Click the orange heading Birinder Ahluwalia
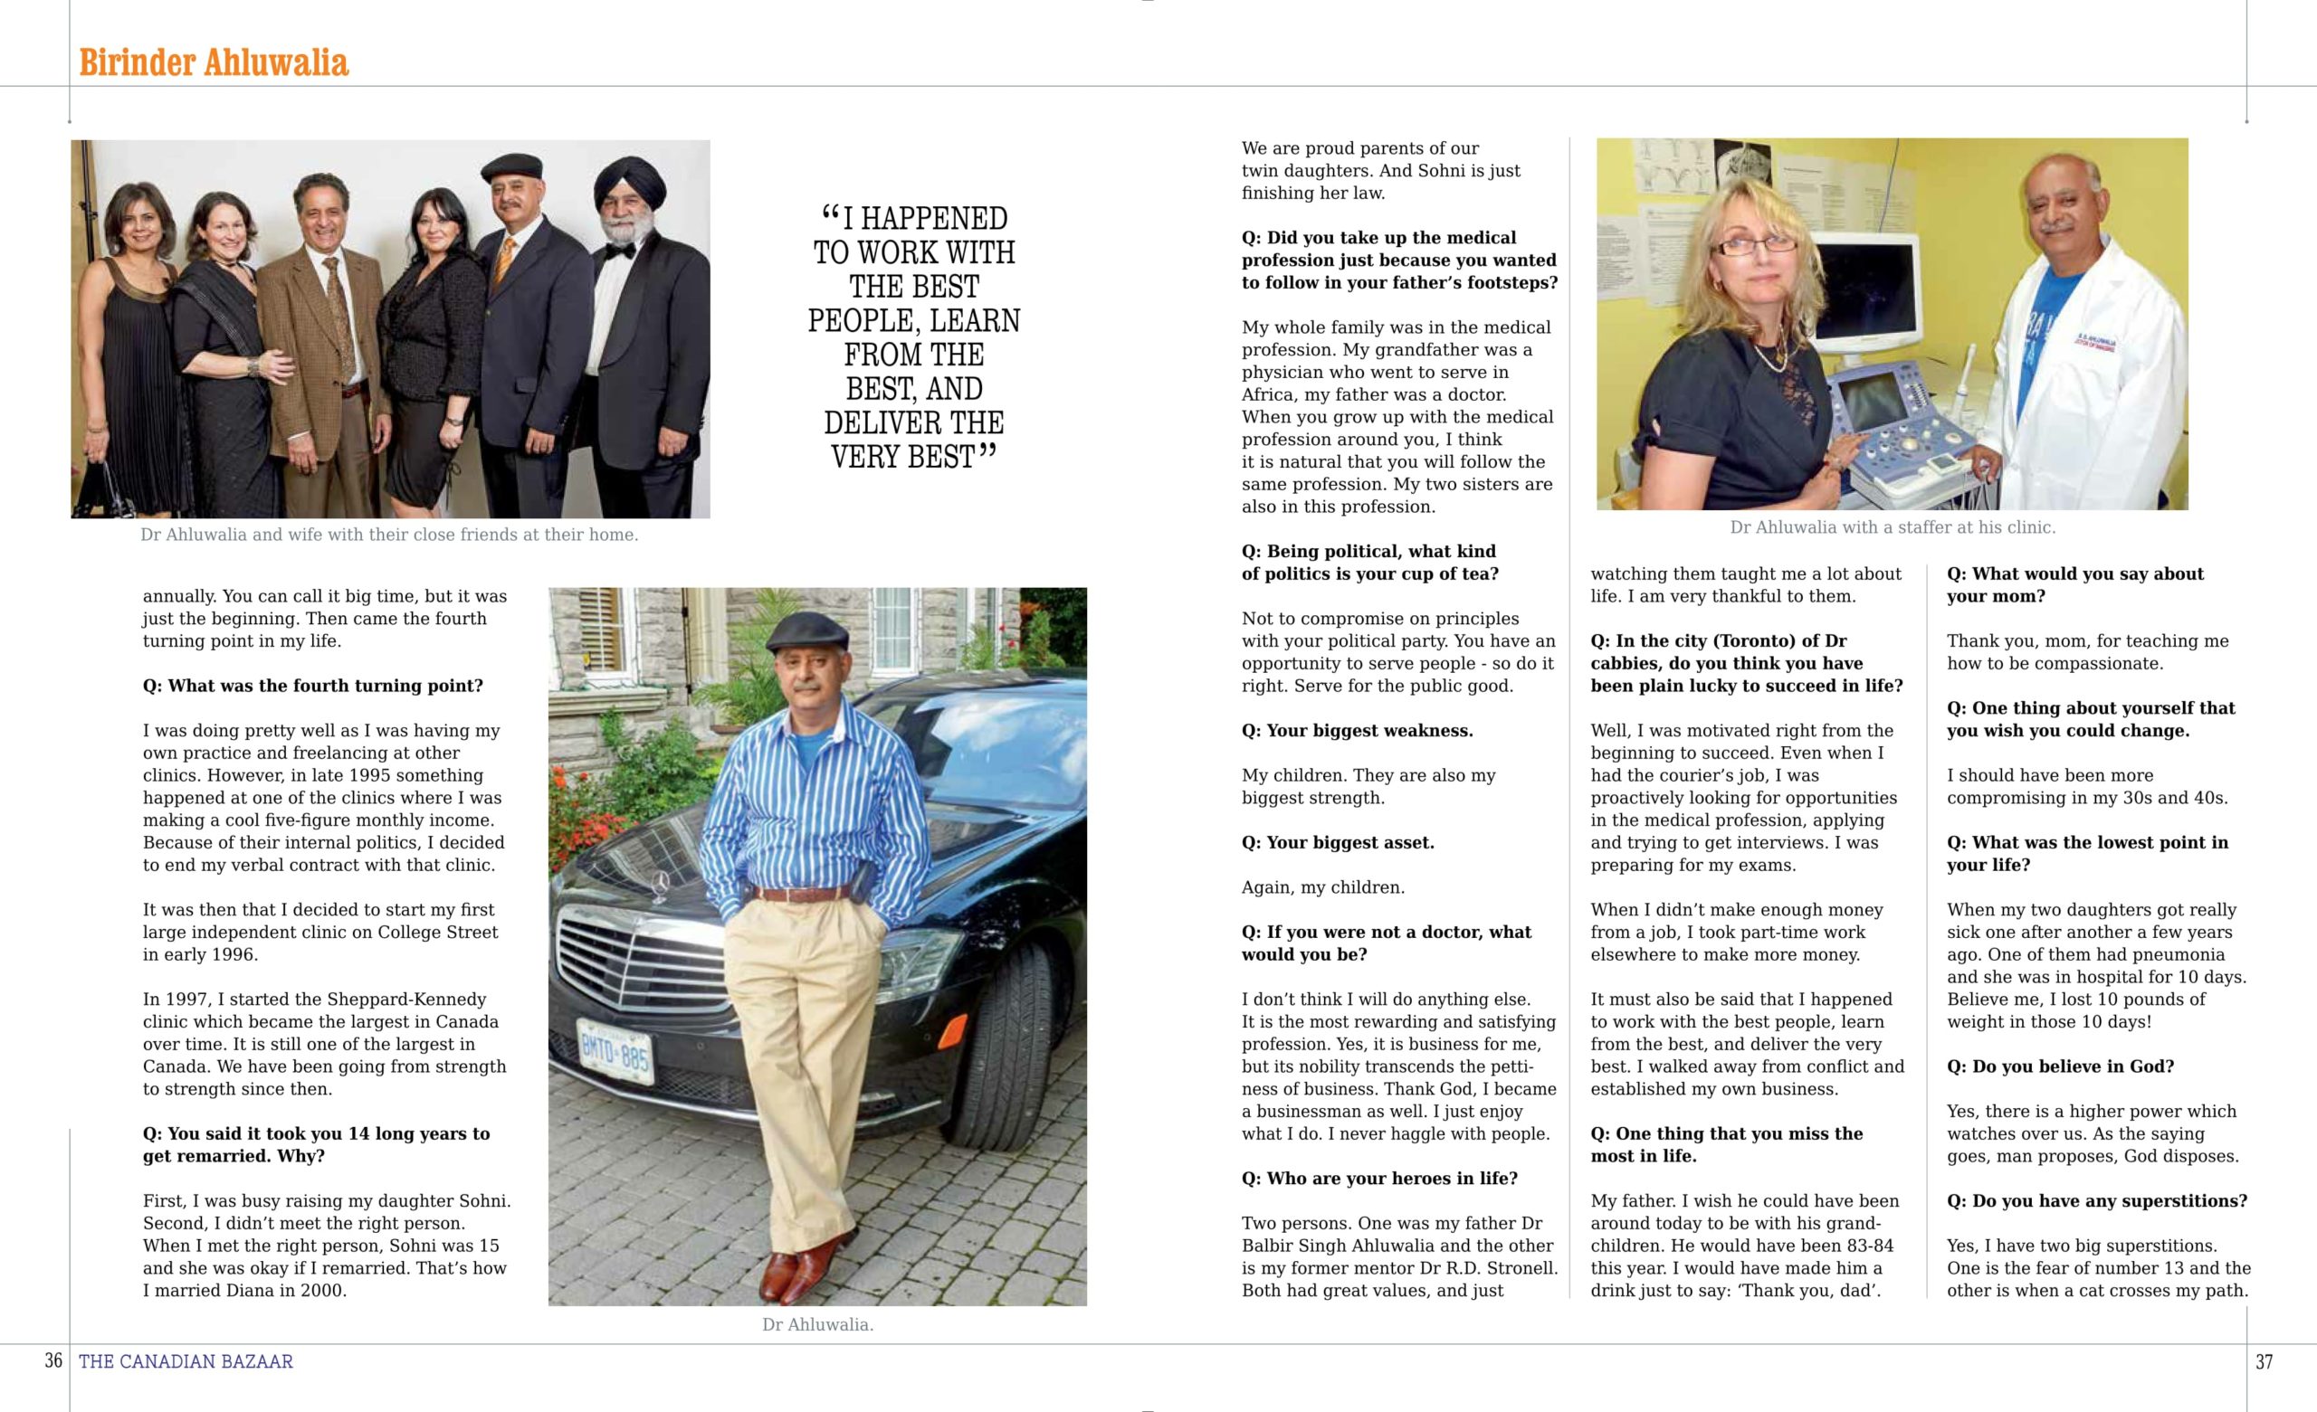(214, 63)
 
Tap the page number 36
(53, 1360)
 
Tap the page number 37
(2264, 1361)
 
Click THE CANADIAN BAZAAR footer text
(186, 1361)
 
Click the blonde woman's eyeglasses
(1741, 247)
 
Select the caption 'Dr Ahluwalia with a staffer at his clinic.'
(1892, 527)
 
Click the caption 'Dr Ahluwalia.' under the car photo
(817, 1324)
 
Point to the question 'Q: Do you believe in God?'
(2060, 1066)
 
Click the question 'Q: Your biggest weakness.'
(1357, 731)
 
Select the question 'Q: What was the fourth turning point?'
(313, 686)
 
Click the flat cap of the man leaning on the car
(807, 630)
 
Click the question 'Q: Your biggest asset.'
(1337, 842)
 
